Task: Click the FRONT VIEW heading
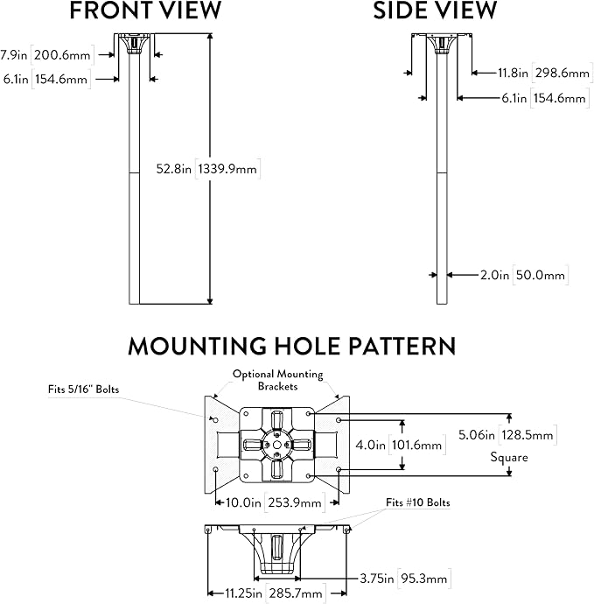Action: [x=145, y=11]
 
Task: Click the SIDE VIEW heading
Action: [x=435, y=11]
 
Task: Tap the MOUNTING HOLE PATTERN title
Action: [x=292, y=346]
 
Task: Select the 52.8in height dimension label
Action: [x=173, y=169]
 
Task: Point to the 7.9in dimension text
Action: [x=14, y=54]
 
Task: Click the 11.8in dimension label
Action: [x=513, y=73]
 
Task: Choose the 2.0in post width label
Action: [x=494, y=275]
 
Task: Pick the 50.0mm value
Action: [x=541, y=275]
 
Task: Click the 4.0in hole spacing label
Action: [x=370, y=445]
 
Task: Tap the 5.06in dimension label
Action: [x=477, y=435]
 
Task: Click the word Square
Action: [x=509, y=457]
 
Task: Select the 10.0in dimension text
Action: [x=243, y=502]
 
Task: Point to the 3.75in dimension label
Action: [x=377, y=579]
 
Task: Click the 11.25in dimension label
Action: [x=243, y=593]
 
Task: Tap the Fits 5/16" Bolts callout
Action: [x=83, y=390]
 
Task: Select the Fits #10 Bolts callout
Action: [x=417, y=502]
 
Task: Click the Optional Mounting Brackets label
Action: [x=277, y=380]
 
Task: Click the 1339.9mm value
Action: [x=227, y=169]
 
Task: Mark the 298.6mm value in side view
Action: [x=562, y=73]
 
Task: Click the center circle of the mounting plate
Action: [x=276, y=446]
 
